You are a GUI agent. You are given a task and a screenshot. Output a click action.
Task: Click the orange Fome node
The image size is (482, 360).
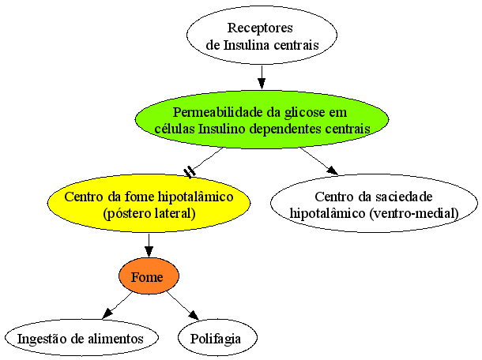[x=149, y=276]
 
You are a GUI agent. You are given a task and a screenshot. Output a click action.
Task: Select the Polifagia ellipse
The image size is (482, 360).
[x=217, y=338]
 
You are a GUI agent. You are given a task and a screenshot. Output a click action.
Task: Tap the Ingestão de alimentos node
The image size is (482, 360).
[x=81, y=338]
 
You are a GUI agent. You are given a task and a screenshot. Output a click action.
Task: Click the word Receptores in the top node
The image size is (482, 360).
[x=260, y=28]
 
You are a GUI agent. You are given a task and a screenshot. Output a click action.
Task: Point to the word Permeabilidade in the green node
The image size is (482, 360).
[x=218, y=113]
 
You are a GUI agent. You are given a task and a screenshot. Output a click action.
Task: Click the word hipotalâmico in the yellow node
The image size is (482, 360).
[x=195, y=197]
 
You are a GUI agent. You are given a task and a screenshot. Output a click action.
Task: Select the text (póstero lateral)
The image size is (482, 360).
[x=149, y=213]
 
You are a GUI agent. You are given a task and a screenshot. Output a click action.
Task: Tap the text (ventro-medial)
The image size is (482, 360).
[x=414, y=213]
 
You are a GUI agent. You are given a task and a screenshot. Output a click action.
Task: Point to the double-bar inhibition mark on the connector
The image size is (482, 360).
[x=190, y=172]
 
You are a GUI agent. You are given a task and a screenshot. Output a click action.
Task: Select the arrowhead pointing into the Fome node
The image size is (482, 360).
[x=149, y=252]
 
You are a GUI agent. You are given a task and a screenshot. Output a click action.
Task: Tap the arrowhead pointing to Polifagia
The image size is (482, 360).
[x=194, y=316]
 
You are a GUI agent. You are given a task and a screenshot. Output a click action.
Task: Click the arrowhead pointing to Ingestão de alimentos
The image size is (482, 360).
[x=107, y=313]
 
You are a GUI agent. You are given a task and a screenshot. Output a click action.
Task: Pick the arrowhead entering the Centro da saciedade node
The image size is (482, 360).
[x=333, y=171]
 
